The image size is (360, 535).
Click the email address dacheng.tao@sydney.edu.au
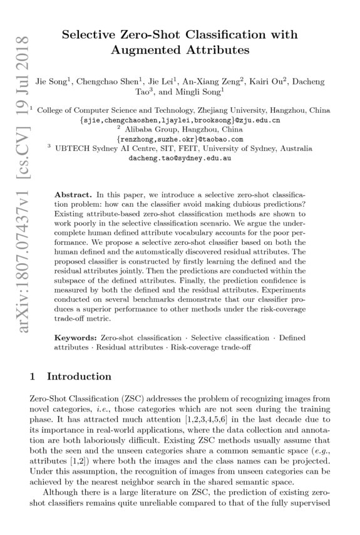[180, 158]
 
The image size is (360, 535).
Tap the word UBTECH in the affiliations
[75, 149]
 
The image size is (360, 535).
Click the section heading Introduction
[80, 377]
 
